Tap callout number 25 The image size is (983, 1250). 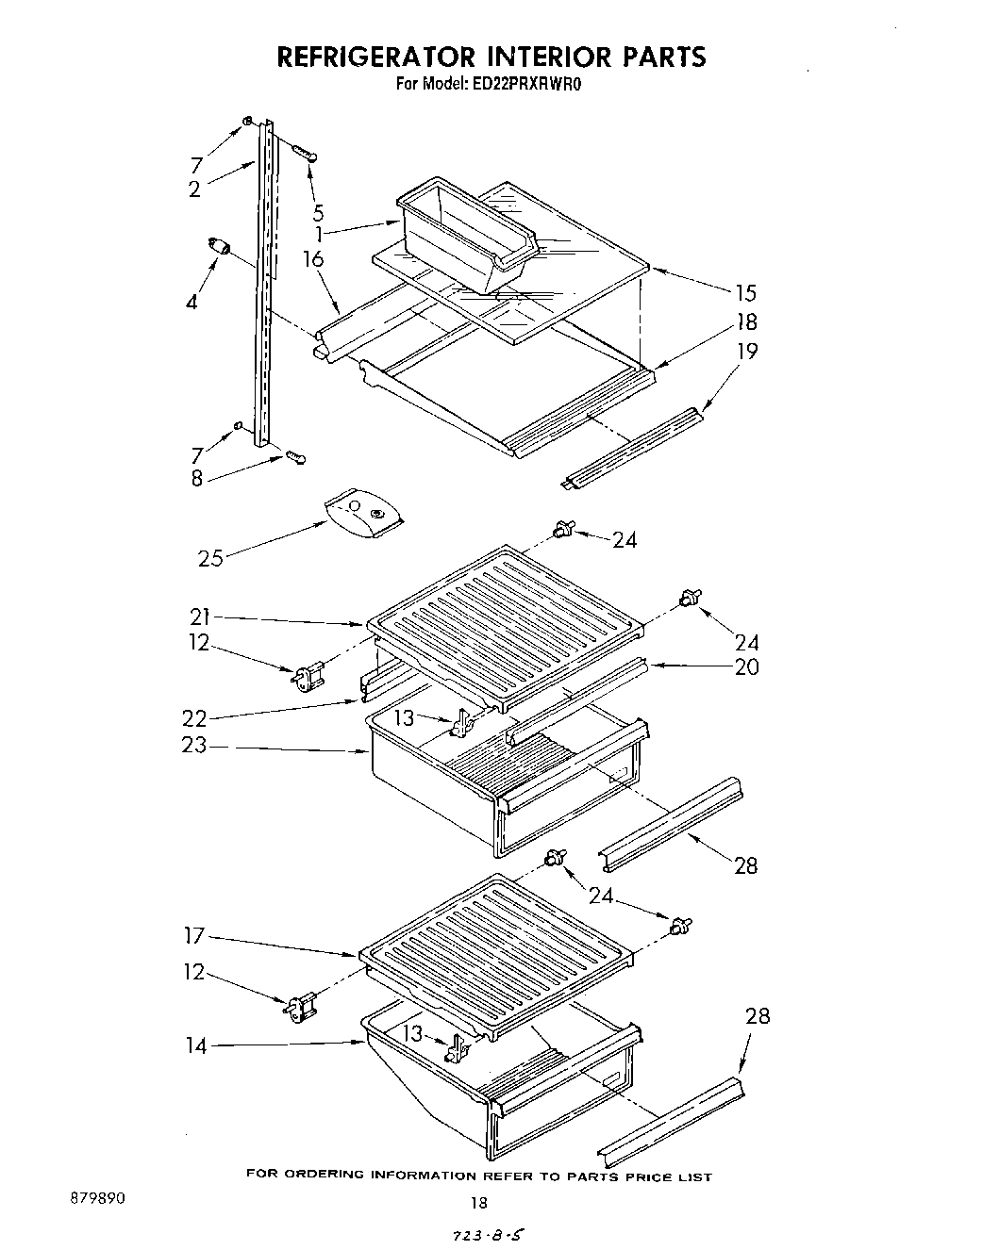210,558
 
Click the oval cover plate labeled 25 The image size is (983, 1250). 363,514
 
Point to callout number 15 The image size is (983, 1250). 745,292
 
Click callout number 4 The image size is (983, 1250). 192,302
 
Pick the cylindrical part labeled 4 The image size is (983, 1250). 220,247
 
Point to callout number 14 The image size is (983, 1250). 196,1045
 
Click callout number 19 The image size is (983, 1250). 746,352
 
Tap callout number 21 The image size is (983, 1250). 199,617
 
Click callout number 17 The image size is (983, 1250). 194,937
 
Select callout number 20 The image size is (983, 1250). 746,667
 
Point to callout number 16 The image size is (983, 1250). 314,259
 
